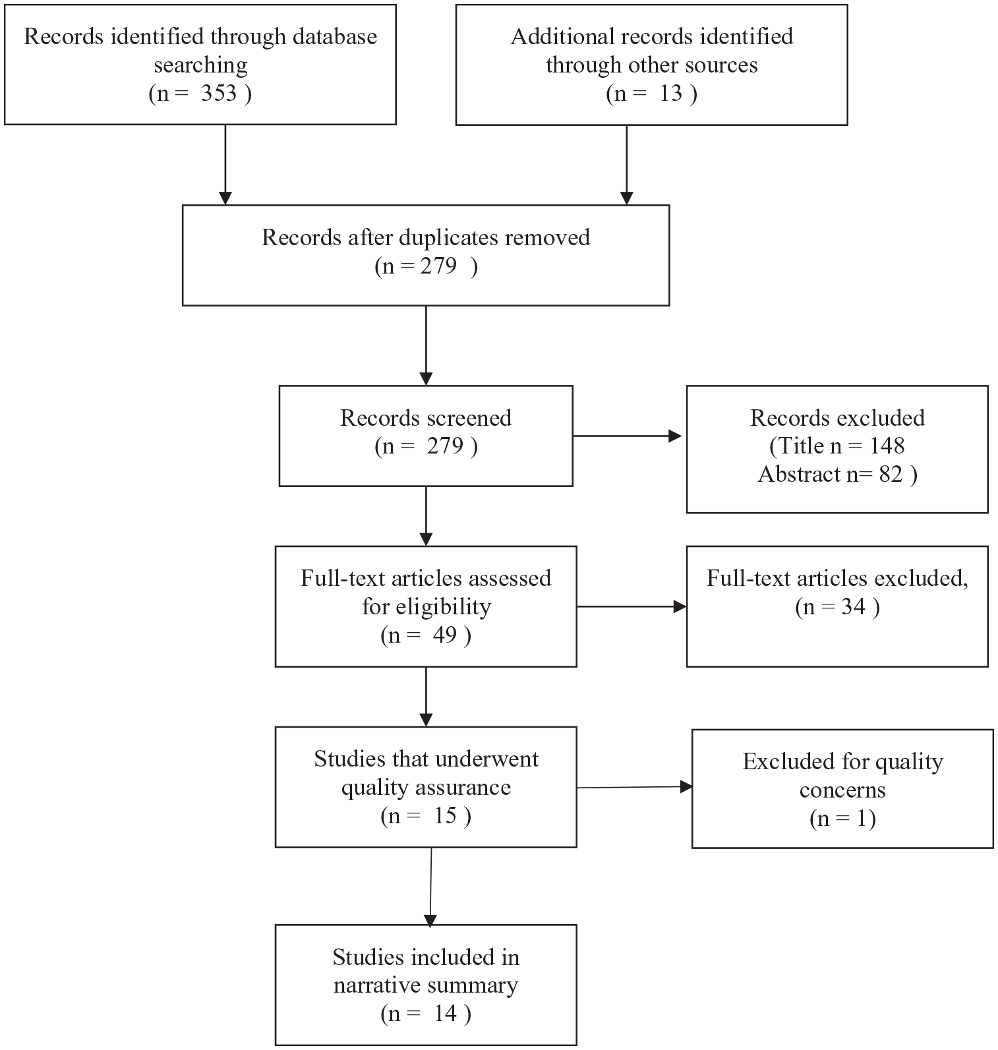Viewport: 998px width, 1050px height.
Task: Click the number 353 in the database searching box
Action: point(219,93)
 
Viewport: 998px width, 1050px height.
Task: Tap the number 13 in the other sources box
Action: point(671,93)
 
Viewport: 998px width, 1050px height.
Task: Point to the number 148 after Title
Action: point(887,446)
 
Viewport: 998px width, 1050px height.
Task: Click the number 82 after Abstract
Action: point(890,474)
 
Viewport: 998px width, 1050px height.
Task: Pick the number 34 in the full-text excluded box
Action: point(853,606)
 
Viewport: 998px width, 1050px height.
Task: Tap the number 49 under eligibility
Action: point(445,635)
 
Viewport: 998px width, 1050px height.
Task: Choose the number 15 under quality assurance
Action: point(445,815)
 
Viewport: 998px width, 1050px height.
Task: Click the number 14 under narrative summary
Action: point(445,1013)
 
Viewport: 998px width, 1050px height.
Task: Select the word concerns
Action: point(842,790)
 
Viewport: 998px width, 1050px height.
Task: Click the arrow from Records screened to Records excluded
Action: point(627,436)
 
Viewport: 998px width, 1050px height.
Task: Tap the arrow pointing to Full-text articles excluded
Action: point(631,606)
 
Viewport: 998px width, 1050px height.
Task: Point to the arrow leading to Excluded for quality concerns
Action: point(635,787)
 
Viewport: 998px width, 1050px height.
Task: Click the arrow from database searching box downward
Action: point(225,165)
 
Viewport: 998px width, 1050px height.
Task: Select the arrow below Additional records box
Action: point(626,165)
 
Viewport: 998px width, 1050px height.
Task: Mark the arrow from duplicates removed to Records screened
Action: point(426,345)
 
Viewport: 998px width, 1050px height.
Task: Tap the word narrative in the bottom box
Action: point(375,985)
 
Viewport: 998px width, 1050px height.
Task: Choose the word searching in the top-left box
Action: point(200,65)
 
